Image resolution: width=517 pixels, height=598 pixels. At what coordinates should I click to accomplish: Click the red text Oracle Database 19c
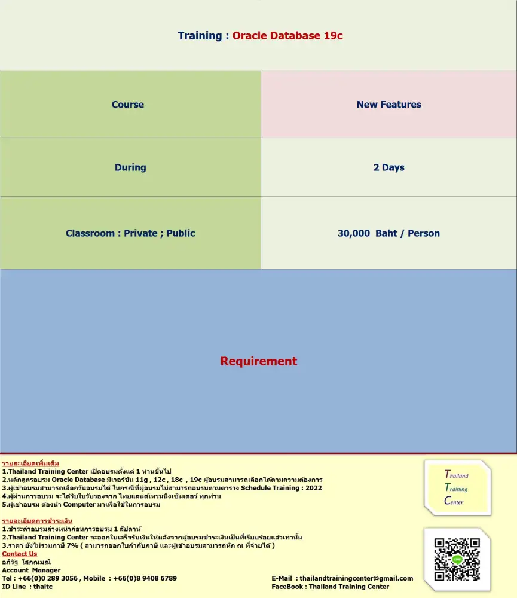(287, 36)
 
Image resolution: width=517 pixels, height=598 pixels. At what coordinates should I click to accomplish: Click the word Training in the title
(200, 36)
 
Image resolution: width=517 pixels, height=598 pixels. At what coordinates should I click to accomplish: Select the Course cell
(128, 105)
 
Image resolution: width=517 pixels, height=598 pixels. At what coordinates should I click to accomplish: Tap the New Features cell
(388, 105)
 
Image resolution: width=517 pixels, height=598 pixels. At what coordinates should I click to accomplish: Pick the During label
(130, 167)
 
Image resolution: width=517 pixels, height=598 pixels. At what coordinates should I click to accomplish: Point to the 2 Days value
(388, 167)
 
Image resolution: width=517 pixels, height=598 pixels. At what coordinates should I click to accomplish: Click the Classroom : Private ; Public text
(130, 233)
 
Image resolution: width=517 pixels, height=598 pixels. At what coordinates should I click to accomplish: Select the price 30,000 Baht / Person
(388, 233)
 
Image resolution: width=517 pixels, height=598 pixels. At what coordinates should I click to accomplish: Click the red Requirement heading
(258, 361)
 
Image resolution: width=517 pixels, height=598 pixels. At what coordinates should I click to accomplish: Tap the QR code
(457, 560)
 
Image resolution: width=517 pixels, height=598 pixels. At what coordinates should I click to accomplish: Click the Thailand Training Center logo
(457, 488)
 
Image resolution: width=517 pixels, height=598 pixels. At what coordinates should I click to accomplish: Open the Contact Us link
(19, 554)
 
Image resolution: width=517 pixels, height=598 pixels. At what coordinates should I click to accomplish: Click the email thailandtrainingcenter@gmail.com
(356, 578)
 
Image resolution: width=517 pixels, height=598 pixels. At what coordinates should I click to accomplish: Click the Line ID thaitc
(43, 587)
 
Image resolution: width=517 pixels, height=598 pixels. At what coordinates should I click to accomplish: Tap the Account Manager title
(31, 570)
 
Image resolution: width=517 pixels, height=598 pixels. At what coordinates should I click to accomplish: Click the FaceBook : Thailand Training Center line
(330, 587)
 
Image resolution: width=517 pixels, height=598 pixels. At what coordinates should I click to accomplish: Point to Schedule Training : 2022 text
(281, 488)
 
